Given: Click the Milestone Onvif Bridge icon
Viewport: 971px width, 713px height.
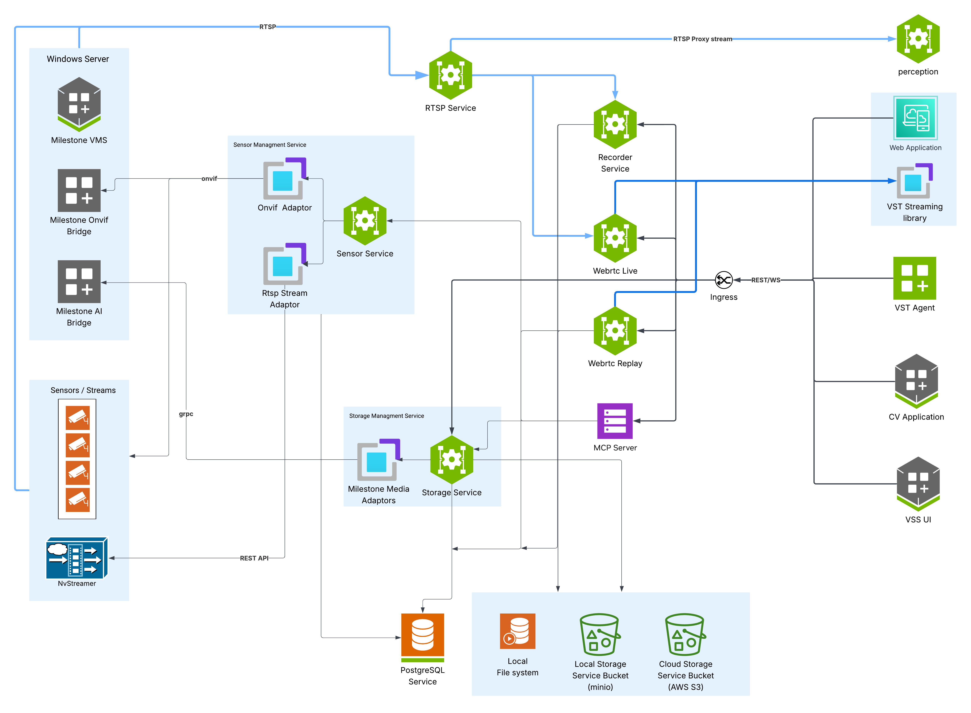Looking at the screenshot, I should pyautogui.click(x=79, y=190).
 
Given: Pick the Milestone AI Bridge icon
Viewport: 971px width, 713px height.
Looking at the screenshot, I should pyautogui.click(x=79, y=281).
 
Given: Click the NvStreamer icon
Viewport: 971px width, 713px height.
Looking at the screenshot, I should pyautogui.click(x=77, y=558).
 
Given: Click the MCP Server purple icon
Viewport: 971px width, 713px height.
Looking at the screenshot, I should pyautogui.click(x=615, y=421).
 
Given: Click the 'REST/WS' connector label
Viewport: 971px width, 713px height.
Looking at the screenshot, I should pyautogui.click(x=766, y=280).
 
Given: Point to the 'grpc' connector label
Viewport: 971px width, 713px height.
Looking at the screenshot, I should pyautogui.click(x=186, y=414).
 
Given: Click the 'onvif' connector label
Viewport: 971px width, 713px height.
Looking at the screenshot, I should pyautogui.click(x=209, y=179).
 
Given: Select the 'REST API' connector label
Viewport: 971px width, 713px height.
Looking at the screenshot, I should pyautogui.click(x=254, y=558).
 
